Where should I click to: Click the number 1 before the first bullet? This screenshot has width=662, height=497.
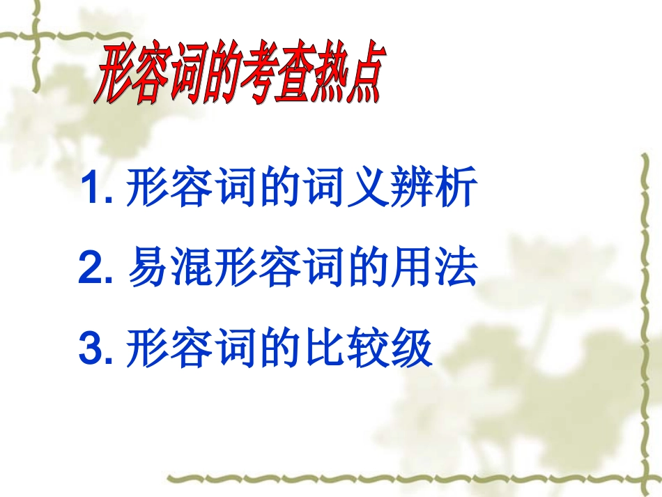(90, 189)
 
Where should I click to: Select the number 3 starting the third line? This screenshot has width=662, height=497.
(91, 349)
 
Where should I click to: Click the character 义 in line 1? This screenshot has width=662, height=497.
(369, 189)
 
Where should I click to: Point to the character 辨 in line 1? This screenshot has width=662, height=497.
(413, 189)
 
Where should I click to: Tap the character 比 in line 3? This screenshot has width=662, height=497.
(325, 349)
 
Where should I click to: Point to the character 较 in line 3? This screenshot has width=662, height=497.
(369, 349)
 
